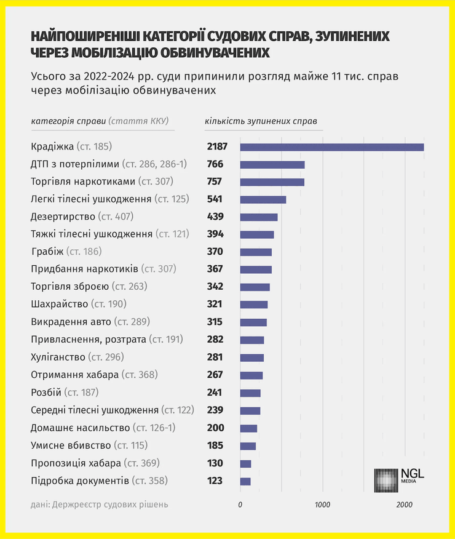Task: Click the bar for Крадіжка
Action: point(332,146)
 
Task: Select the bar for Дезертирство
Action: point(259,217)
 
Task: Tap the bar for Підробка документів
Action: point(245,481)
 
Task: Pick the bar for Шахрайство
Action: point(254,305)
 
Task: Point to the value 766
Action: point(215,164)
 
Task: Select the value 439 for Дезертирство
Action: point(215,217)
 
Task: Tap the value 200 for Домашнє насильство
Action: point(215,428)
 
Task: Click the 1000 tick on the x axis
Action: point(322,505)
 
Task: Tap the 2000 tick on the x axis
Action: point(404,505)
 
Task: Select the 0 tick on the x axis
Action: point(240,505)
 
